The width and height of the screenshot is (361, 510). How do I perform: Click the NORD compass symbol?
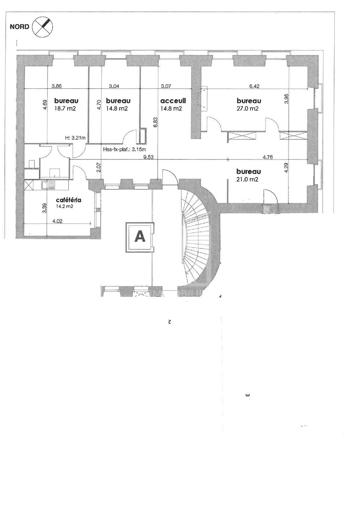(45, 27)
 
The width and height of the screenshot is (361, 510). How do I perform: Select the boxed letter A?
(140, 237)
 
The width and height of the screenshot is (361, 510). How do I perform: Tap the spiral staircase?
(197, 239)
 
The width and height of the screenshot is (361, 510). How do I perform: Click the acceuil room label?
(171, 101)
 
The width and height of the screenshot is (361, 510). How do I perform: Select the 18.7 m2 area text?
(66, 108)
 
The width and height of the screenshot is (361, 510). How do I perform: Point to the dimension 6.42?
(254, 86)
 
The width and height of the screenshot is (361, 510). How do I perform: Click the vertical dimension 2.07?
(99, 167)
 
